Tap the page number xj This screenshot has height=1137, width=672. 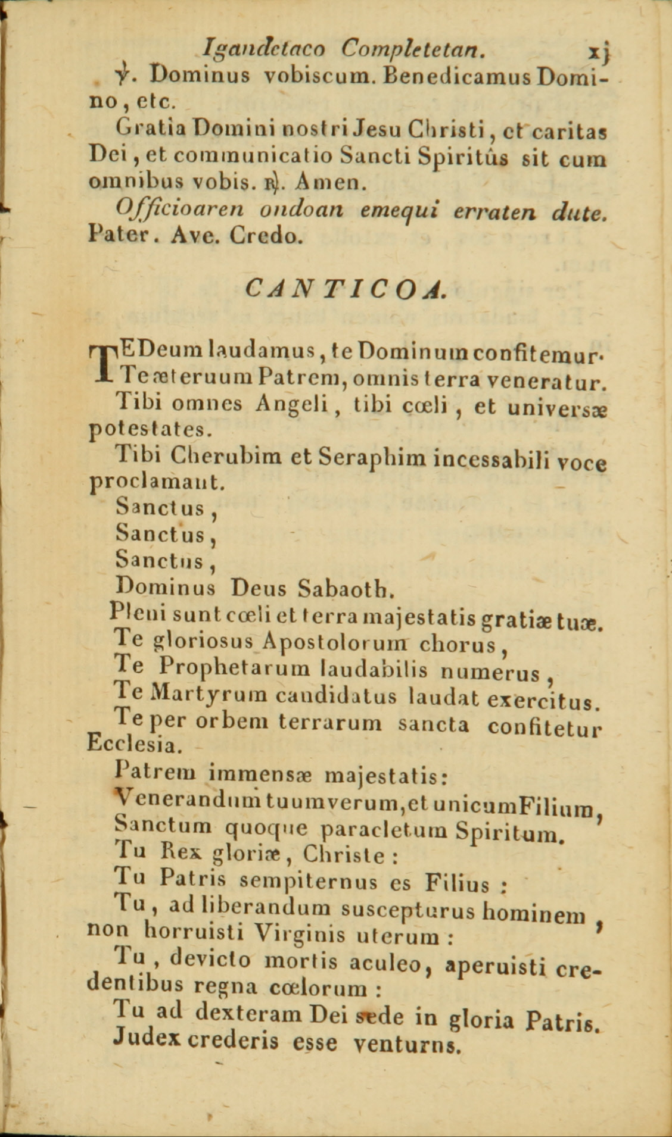click(x=599, y=51)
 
